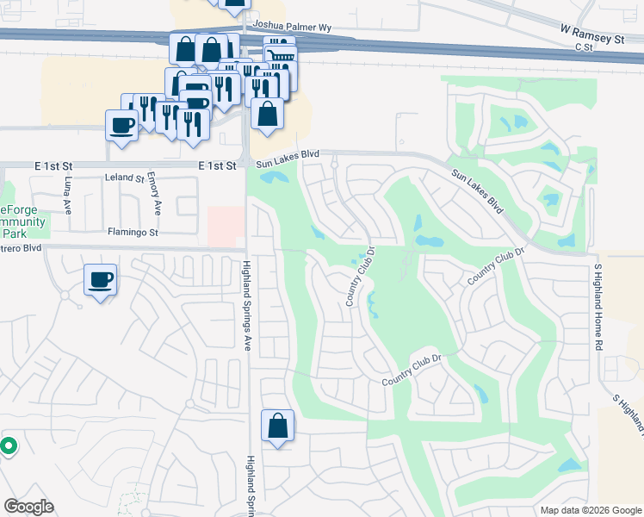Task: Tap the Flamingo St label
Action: tap(133, 232)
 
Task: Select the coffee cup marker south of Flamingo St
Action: tap(100, 280)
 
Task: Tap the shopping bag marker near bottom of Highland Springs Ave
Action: tap(277, 426)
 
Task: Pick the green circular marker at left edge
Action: tap(8, 445)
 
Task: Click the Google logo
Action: tap(28, 507)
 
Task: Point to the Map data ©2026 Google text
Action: tap(590, 510)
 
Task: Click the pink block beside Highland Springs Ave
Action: tap(225, 227)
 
